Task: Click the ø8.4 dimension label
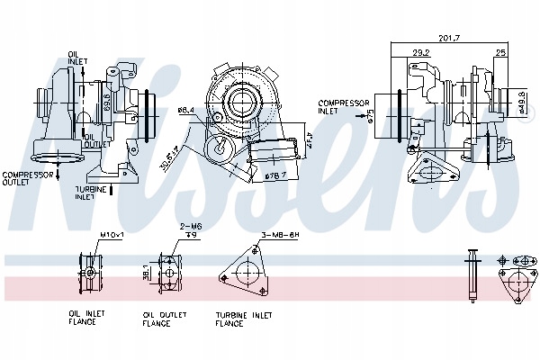pyautogui.click(x=186, y=111)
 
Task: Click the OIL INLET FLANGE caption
pyautogui.click(x=87, y=318)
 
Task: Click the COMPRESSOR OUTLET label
pyautogui.click(x=24, y=179)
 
